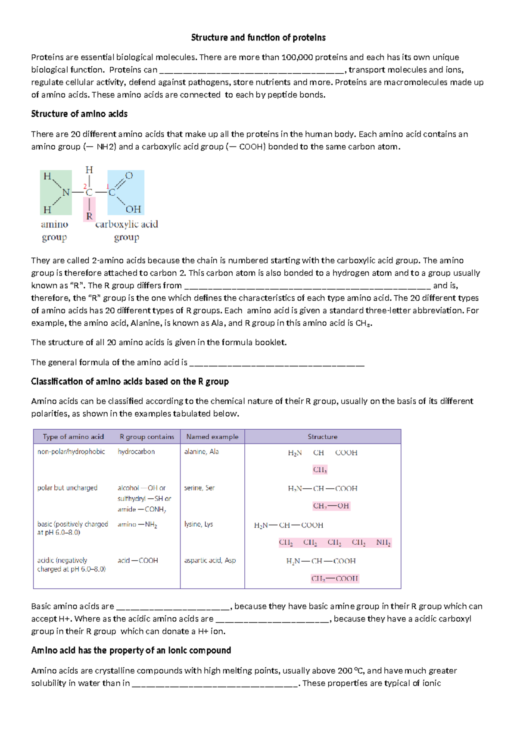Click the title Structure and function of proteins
coord(258,37)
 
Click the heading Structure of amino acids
coord(79,114)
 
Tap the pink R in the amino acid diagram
coord(89,216)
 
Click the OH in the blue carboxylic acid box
coord(133,209)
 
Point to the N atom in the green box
coord(66,193)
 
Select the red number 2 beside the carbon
coord(85,186)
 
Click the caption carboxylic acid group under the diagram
coord(126,230)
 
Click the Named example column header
coord(212,437)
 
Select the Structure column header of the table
coord(322,437)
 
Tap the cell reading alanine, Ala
coord(201,452)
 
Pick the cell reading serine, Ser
coord(199,488)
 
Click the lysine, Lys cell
coord(198,524)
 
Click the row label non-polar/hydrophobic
coord(71,452)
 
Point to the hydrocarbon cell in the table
coord(136,452)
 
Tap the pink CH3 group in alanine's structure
coord(320,470)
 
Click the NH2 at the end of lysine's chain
coord(383,542)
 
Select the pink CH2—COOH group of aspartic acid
coord(335,578)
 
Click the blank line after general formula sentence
coord(277,363)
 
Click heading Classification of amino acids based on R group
coord(130,381)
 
